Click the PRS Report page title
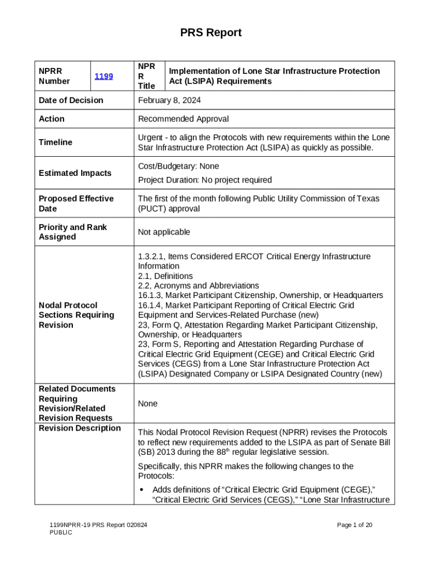click(x=211, y=33)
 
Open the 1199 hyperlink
click(x=104, y=76)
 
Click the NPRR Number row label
click(x=54, y=76)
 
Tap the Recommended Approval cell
click(x=183, y=119)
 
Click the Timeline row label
click(x=55, y=142)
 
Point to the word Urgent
click(x=151, y=137)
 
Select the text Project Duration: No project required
click(x=204, y=180)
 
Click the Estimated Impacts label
click(x=75, y=173)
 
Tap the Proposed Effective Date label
click(x=76, y=204)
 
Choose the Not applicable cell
click(x=164, y=232)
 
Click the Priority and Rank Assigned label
click(x=73, y=232)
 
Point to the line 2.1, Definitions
click(x=165, y=276)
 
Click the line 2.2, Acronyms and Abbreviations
click(x=198, y=286)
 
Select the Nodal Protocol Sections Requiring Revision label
click(x=76, y=315)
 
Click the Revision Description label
click(x=79, y=428)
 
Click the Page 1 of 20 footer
click(x=355, y=525)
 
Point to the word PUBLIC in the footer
click(x=61, y=533)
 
